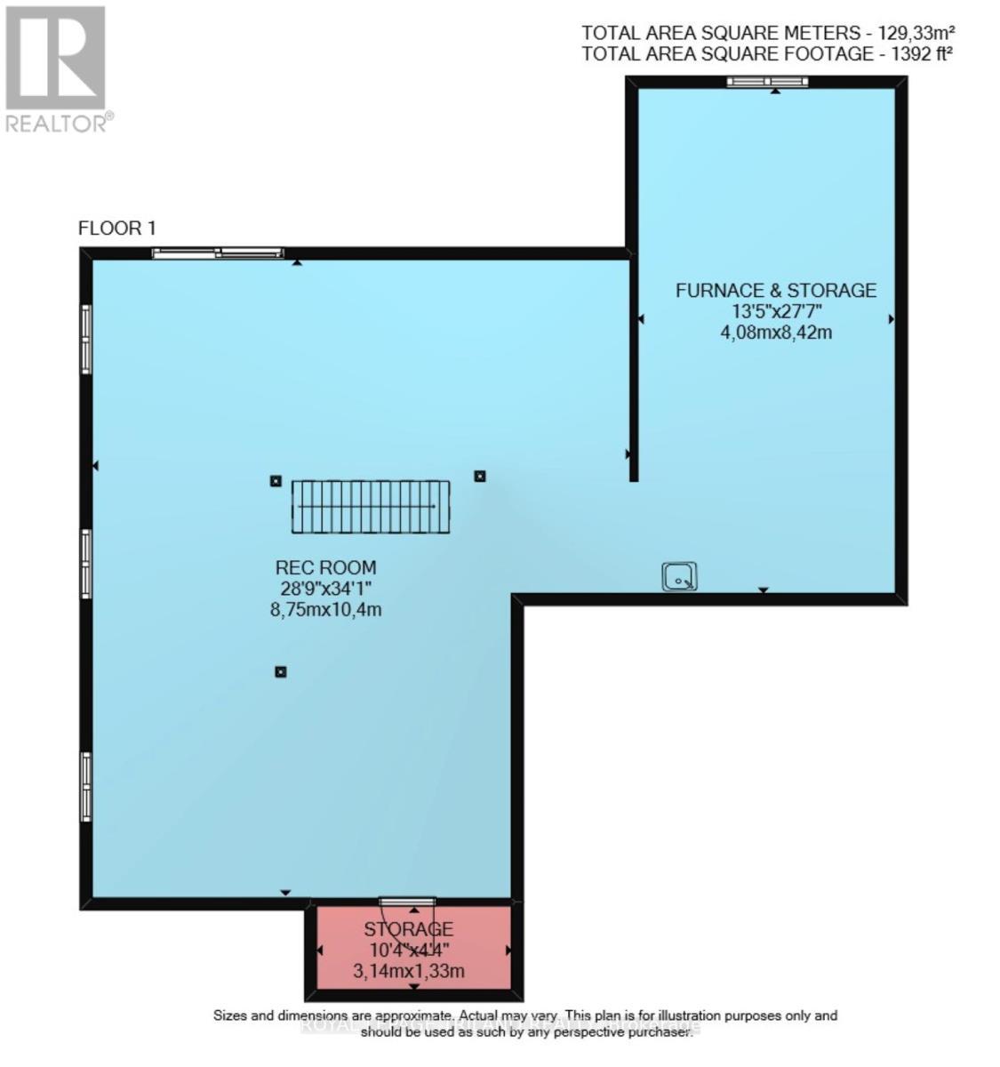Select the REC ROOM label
pos(325,567)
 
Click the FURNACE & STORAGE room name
pos(775,290)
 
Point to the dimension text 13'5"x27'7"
pos(775,312)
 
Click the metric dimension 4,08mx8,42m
pos(775,333)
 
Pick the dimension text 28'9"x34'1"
pos(325,589)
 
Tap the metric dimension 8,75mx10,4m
pos(325,610)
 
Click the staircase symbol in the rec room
pos(371,506)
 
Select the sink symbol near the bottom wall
pos(679,576)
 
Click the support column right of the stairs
pos(480,476)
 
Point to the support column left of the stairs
pos(276,481)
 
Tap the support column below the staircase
pos(281,671)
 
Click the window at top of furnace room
pos(767,82)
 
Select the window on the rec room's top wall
pos(218,253)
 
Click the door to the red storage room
pos(407,903)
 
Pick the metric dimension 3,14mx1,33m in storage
pos(409,971)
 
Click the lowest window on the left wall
pos(86,787)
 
